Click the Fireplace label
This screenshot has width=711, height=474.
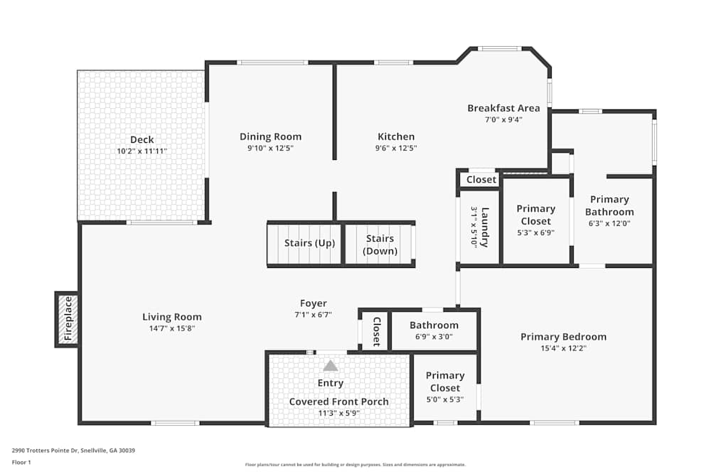coord(68,318)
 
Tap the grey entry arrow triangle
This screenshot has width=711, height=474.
coord(331,365)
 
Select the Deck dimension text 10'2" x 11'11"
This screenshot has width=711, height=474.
coord(142,151)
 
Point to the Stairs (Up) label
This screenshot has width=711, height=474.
coord(310,243)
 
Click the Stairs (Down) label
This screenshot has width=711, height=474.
coord(380,244)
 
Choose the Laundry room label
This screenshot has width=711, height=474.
coord(485,227)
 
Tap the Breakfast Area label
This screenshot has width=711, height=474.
coord(504,108)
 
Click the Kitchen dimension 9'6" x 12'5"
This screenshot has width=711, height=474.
coord(396,149)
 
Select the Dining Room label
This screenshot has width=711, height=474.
coord(271,137)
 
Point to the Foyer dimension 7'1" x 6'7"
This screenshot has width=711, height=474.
coord(314,315)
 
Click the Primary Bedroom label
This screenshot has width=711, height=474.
coord(564,337)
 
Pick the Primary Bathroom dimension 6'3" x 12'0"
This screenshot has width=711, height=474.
coord(609,223)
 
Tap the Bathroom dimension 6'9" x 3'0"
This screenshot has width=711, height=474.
coord(434,337)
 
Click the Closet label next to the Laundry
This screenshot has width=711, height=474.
coord(481,180)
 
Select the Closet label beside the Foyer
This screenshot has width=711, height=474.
coord(376,331)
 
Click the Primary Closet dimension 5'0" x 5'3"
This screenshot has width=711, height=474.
coord(445,399)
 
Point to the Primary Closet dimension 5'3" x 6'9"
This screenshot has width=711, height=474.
coord(536,233)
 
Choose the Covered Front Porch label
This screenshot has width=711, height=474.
coord(338,402)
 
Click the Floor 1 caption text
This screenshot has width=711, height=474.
coord(21,462)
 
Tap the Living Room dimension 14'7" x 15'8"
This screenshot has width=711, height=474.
coord(172,328)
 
